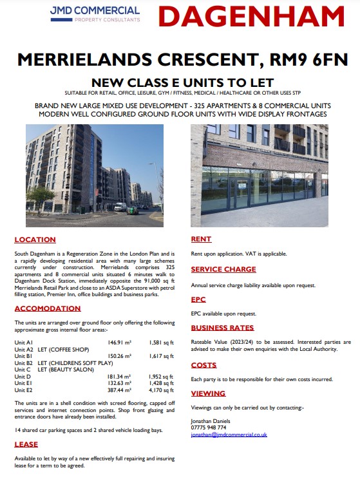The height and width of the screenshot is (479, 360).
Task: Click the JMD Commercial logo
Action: tap(95, 14)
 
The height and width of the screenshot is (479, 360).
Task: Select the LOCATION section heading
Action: tap(35, 239)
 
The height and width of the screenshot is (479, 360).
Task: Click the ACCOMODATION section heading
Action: tap(48, 308)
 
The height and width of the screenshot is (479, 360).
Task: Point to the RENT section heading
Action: tap(202, 239)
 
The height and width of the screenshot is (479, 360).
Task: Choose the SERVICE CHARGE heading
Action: tap(223, 269)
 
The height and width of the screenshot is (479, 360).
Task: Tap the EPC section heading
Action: tap(198, 299)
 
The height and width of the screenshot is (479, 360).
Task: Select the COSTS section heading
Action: tap(204, 364)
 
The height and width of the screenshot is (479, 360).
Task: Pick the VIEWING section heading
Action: tap(208, 393)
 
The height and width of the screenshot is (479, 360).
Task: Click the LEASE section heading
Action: tap(26, 444)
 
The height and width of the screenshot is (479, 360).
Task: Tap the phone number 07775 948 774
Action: tap(209, 427)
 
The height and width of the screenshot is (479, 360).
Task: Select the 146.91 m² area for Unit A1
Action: tap(120, 343)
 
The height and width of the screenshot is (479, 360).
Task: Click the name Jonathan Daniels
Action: tap(209, 420)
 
